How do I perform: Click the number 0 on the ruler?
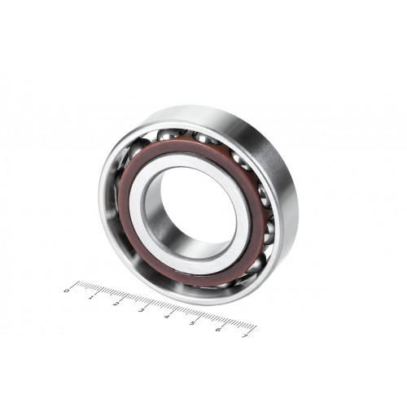tap(66, 291)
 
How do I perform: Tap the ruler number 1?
tap(91, 297)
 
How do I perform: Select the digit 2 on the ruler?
tap(116, 304)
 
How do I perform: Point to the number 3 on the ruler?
tap(142, 310)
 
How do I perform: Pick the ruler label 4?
tap(167, 317)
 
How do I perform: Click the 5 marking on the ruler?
tap(193, 323)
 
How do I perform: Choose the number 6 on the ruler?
tap(218, 330)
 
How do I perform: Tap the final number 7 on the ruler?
tap(244, 336)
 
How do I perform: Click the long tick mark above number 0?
tap(75, 285)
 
